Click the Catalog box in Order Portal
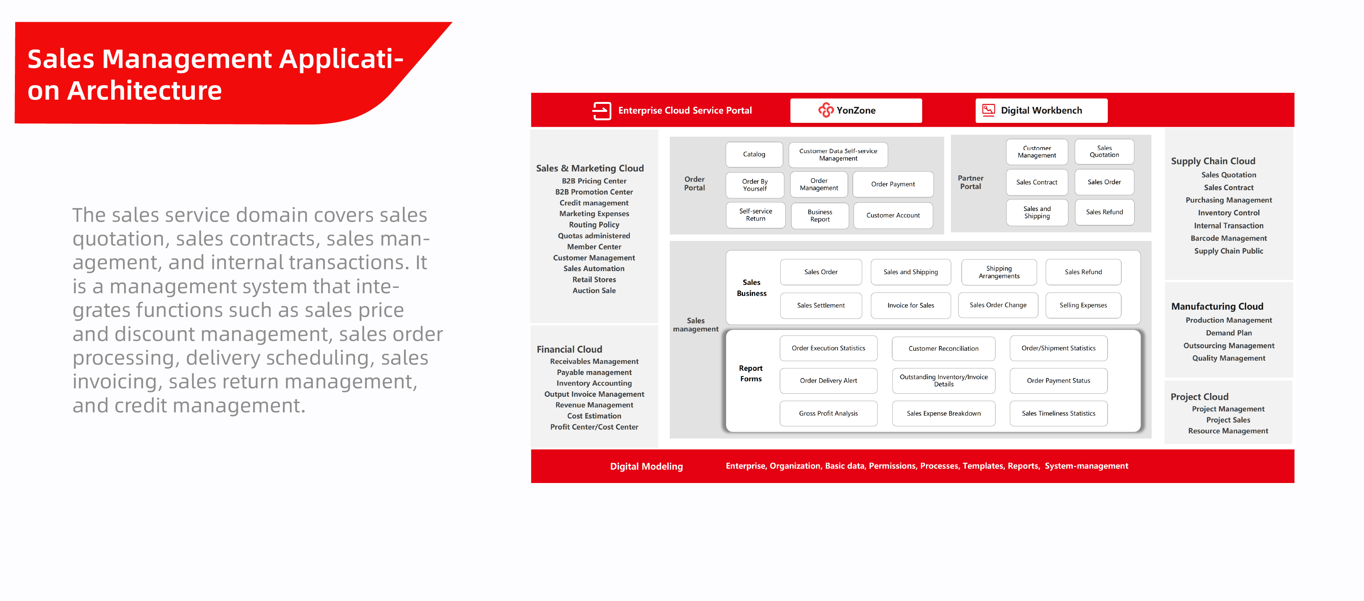[754, 154]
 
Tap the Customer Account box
[893, 215]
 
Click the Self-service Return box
[755, 215]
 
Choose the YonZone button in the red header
[856, 110]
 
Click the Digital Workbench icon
[988, 110]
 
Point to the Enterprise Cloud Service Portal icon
[602, 110]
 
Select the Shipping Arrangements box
[998, 272]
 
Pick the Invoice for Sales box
[910, 305]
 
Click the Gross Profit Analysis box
[828, 414]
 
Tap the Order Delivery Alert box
[828, 381]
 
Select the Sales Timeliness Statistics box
[1058, 414]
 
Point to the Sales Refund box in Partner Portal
[1104, 212]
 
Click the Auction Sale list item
[594, 291]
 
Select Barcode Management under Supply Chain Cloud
[1228, 238]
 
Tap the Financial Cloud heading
[569, 349]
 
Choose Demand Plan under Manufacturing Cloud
[1228, 333]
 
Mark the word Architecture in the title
[144, 90]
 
